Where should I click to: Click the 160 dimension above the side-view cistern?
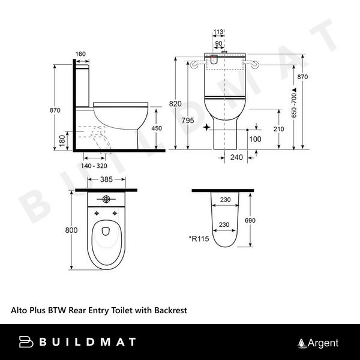tap(81, 55)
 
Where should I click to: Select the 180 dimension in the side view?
tap(63, 139)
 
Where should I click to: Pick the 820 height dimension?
tap(175, 104)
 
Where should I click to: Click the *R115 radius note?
tap(198, 238)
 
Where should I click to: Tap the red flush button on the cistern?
tap(214, 58)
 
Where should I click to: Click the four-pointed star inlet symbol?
tap(208, 128)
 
